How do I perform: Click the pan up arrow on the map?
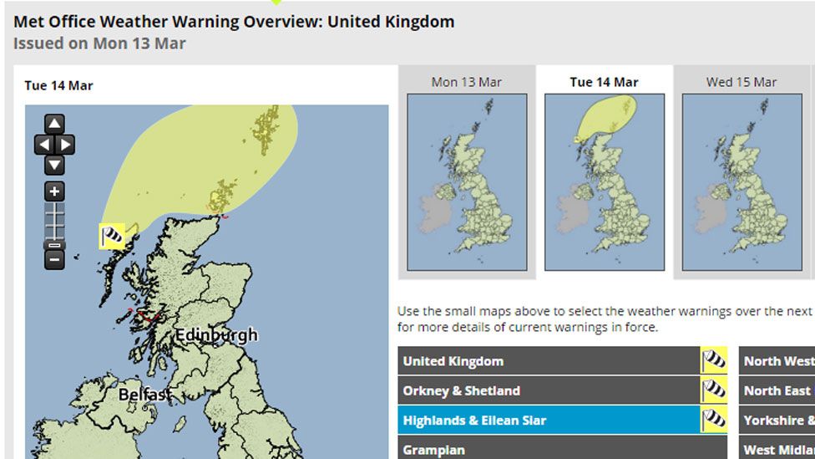point(54,125)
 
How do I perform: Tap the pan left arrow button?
point(43,145)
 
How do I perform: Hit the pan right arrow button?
point(65,145)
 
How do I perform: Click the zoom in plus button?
point(54,191)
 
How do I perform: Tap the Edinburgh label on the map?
point(215,336)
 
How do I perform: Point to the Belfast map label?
point(145,394)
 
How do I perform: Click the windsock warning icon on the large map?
point(112,237)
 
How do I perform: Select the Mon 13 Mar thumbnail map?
point(467,181)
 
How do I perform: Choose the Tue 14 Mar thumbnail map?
point(604,181)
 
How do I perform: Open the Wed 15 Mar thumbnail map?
point(742,181)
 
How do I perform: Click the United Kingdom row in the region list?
point(549,361)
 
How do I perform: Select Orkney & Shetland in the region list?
point(549,390)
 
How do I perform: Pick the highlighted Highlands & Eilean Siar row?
point(549,420)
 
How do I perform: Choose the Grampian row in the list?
point(549,450)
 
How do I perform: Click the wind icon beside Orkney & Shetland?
point(714,390)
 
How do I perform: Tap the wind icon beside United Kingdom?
point(714,361)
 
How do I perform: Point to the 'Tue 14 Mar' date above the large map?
point(58,85)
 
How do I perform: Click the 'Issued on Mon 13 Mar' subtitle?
point(99,43)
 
